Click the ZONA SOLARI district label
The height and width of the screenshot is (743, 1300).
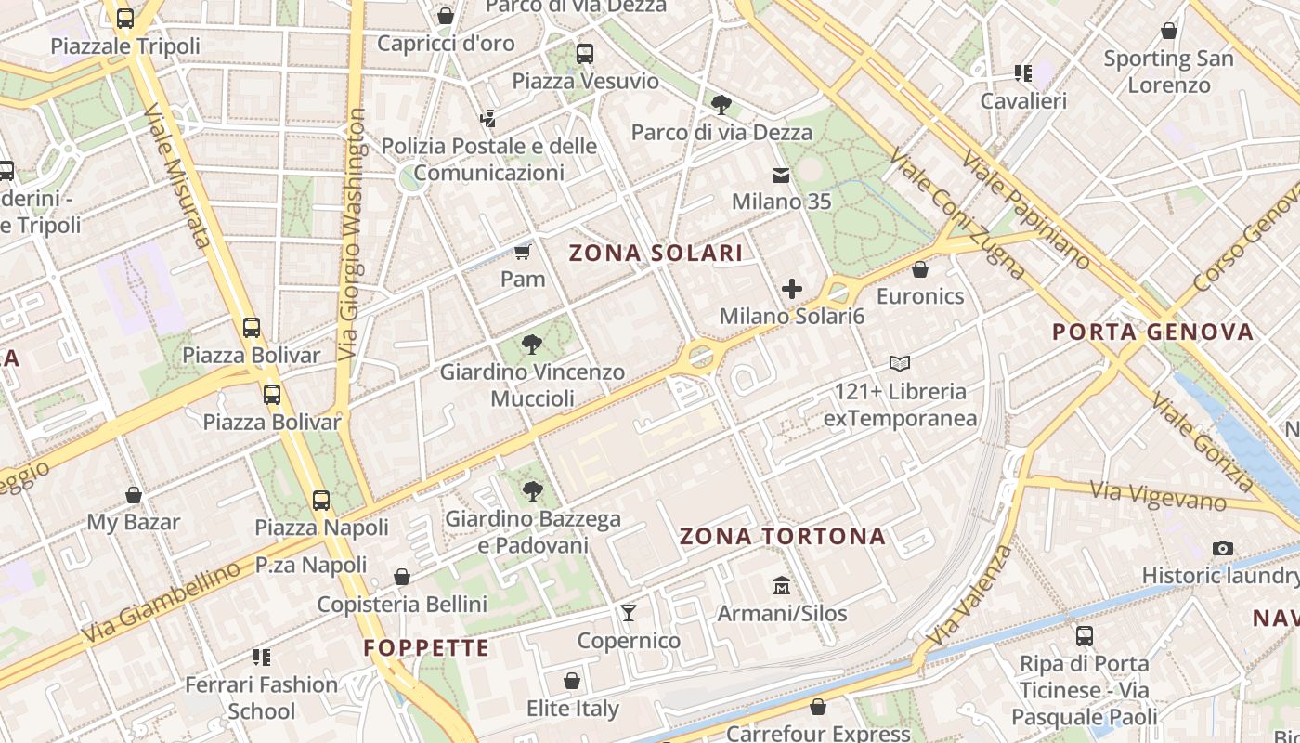coord(656,253)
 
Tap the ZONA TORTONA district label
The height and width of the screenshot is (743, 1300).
coord(783,536)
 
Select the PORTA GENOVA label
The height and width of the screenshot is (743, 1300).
coord(1152,332)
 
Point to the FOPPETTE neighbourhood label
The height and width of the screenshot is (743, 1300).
coord(426,647)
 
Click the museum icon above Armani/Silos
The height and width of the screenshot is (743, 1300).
coord(782,586)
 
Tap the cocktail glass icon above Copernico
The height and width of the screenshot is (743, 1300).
coord(629,612)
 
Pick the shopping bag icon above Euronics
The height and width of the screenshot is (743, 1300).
coord(920,269)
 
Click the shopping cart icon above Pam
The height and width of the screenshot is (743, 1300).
coord(523,252)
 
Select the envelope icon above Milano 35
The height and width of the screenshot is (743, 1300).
coord(781,175)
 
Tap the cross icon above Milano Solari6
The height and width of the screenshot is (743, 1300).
coord(792,289)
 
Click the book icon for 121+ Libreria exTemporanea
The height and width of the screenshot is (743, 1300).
coord(900,363)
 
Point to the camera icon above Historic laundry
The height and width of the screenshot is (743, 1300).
coord(1223,548)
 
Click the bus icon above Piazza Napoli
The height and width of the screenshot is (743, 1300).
coord(321,501)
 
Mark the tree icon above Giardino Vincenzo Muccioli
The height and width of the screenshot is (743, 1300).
coord(532,345)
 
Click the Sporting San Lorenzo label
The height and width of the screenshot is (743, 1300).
coord(1168,72)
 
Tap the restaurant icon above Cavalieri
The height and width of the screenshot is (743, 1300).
coord(1023,72)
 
